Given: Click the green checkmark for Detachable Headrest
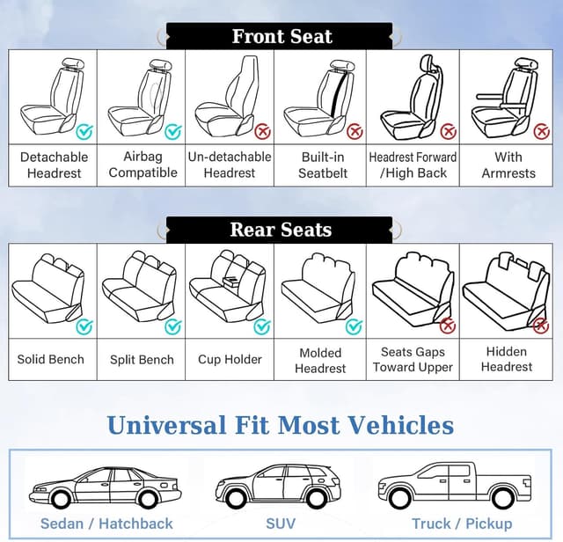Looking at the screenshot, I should (x=84, y=132).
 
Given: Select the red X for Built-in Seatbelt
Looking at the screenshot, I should (x=355, y=132).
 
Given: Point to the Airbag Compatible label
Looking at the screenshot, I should (x=143, y=165).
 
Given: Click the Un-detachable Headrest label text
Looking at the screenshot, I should (x=230, y=165).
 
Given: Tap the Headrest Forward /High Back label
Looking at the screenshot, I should (x=413, y=165).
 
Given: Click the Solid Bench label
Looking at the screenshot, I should (x=51, y=359).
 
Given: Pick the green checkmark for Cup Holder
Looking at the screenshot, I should (x=261, y=326).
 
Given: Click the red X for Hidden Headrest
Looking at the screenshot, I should (x=541, y=326).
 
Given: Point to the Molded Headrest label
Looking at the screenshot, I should (x=320, y=360).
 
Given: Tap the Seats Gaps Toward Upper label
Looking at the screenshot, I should (x=413, y=359).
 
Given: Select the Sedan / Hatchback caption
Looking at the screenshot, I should (x=106, y=524).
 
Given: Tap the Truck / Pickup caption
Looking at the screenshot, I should (x=462, y=524).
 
